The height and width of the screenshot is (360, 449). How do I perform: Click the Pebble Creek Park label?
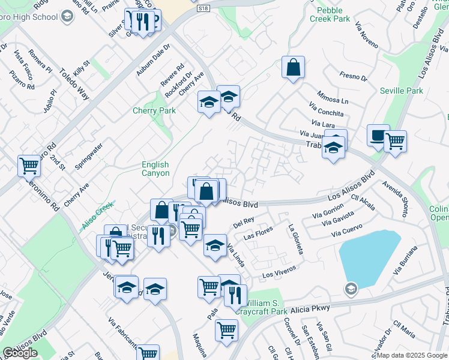pos(330,14)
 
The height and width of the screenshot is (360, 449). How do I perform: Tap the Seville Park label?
pos(402,91)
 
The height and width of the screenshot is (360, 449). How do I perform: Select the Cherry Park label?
pos(154,110)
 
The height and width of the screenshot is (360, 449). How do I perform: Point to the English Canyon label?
pos(155,169)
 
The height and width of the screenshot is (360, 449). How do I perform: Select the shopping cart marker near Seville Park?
pos(395,142)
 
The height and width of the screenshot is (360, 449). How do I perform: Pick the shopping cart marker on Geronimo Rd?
pos(28,166)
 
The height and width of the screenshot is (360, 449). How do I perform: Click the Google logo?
pos(20,353)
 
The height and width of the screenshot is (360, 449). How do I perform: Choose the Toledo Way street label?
pos(73,83)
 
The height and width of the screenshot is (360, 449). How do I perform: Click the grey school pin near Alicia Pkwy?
pos(351,290)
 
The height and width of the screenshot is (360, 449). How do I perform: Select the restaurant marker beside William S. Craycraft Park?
pos(235,295)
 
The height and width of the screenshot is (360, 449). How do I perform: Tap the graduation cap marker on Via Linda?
pos(215,245)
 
